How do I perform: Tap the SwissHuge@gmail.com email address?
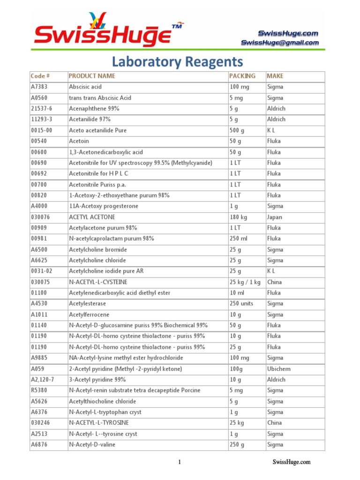280,43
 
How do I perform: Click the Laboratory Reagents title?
177,62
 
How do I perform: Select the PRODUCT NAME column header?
92,76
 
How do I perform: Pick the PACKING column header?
242,76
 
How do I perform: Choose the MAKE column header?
275,76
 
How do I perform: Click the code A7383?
39,87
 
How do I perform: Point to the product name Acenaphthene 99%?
94,108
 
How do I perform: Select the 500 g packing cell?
237,130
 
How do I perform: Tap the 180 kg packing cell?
238,217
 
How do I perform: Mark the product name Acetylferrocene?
89,315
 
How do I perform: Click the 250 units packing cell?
241,304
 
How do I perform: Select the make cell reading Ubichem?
279,369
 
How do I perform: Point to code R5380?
39,390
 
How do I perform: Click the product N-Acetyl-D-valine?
92,444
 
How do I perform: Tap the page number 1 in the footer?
179,462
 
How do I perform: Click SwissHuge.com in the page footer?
292,462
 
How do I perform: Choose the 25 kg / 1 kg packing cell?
245,282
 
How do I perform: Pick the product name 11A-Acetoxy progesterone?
104,206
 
